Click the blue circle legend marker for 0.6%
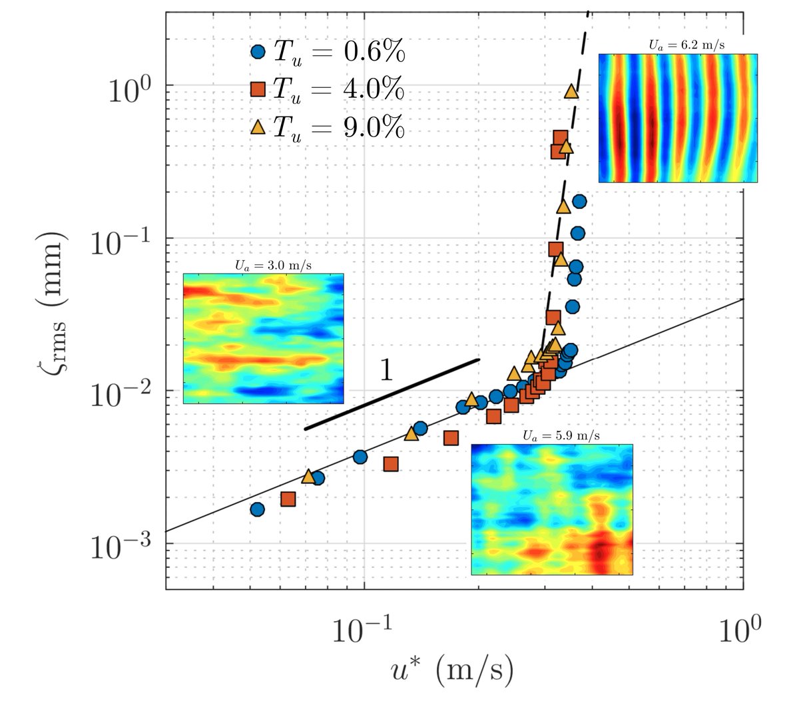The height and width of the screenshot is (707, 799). tap(258, 52)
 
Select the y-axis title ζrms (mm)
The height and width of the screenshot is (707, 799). tap(52, 304)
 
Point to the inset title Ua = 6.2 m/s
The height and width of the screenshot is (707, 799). tap(686, 45)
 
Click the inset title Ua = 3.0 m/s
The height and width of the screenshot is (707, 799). tap(273, 265)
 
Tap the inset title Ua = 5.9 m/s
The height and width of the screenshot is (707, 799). tap(561, 435)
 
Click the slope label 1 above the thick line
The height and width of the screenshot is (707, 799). tap(386, 370)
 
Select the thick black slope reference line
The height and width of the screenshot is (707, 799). tap(392, 394)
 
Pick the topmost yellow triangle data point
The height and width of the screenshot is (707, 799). tap(571, 91)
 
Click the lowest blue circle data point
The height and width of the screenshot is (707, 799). tap(257, 509)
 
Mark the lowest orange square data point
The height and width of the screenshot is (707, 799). tap(288, 499)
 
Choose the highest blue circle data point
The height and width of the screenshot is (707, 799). tap(579, 201)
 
